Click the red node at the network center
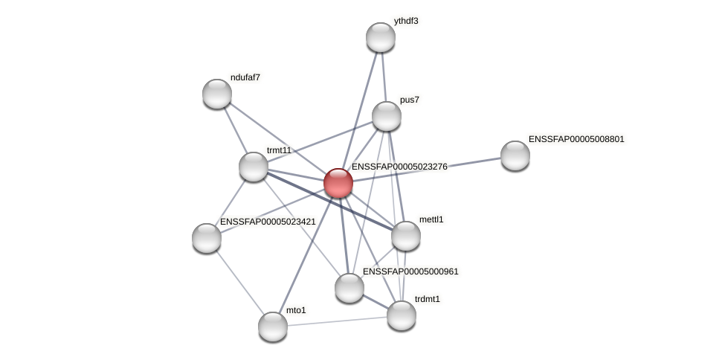(x=338, y=183)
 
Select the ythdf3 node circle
(x=381, y=37)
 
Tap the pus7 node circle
(x=387, y=116)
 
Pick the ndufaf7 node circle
(x=217, y=94)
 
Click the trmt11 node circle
(x=254, y=167)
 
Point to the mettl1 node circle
(x=406, y=236)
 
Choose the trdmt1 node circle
(x=402, y=315)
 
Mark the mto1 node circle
(x=273, y=326)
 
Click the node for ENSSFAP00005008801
(x=515, y=155)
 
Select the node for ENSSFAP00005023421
(x=207, y=238)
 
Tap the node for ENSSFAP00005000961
(x=349, y=288)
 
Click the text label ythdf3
(x=406, y=22)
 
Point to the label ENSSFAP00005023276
(x=399, y=167)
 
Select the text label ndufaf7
(x=245, y=77)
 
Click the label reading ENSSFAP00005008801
(x=576, y=139)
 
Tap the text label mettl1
(x=431, y=219)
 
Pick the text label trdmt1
(x=428, y=299)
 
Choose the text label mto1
(x=296, y=310)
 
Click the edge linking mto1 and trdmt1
(x=337, y=321)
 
